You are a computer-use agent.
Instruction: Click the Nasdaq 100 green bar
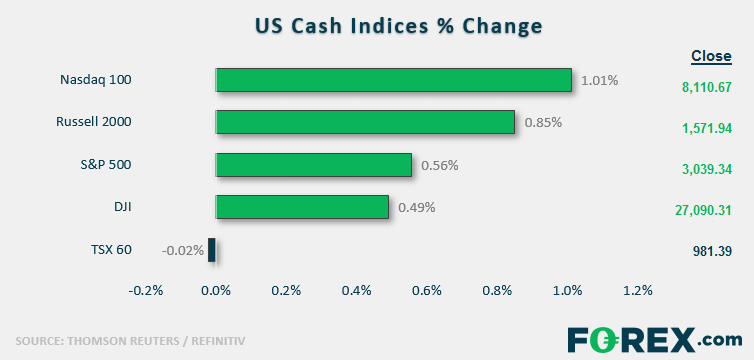point(394,80)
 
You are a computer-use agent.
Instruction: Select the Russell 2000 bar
point(365,122)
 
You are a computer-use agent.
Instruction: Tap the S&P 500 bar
point(314,165)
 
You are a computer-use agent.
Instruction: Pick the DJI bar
point(302,207)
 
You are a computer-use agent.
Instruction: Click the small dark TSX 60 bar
point(212,250)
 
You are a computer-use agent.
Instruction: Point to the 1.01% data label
point(600,80)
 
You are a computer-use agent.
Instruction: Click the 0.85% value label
point(543,123)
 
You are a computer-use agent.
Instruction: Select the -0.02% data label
point(182,250)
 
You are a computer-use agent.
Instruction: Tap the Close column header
point(711,56)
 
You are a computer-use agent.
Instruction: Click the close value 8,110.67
point(706,87)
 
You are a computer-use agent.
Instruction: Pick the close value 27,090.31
point(703,210)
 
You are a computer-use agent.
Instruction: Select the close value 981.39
point(713,251)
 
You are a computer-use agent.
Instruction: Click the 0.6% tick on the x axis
point(427,291)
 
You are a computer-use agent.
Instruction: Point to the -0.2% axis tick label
point(146,291)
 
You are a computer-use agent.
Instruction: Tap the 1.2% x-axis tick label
point(638,291)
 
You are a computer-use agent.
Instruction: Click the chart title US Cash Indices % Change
point(399,26)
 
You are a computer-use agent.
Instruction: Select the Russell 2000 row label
point(93,122)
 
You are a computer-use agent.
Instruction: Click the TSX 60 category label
point(111,250)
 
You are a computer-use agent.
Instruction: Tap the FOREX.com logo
point(654,340)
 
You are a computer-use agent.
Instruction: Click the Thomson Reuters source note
point(130,342)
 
